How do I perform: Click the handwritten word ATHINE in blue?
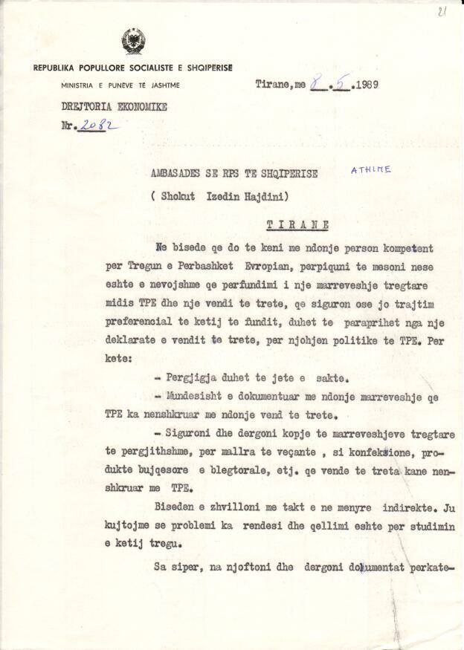(370, 170)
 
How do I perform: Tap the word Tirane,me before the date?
(280, 85)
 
